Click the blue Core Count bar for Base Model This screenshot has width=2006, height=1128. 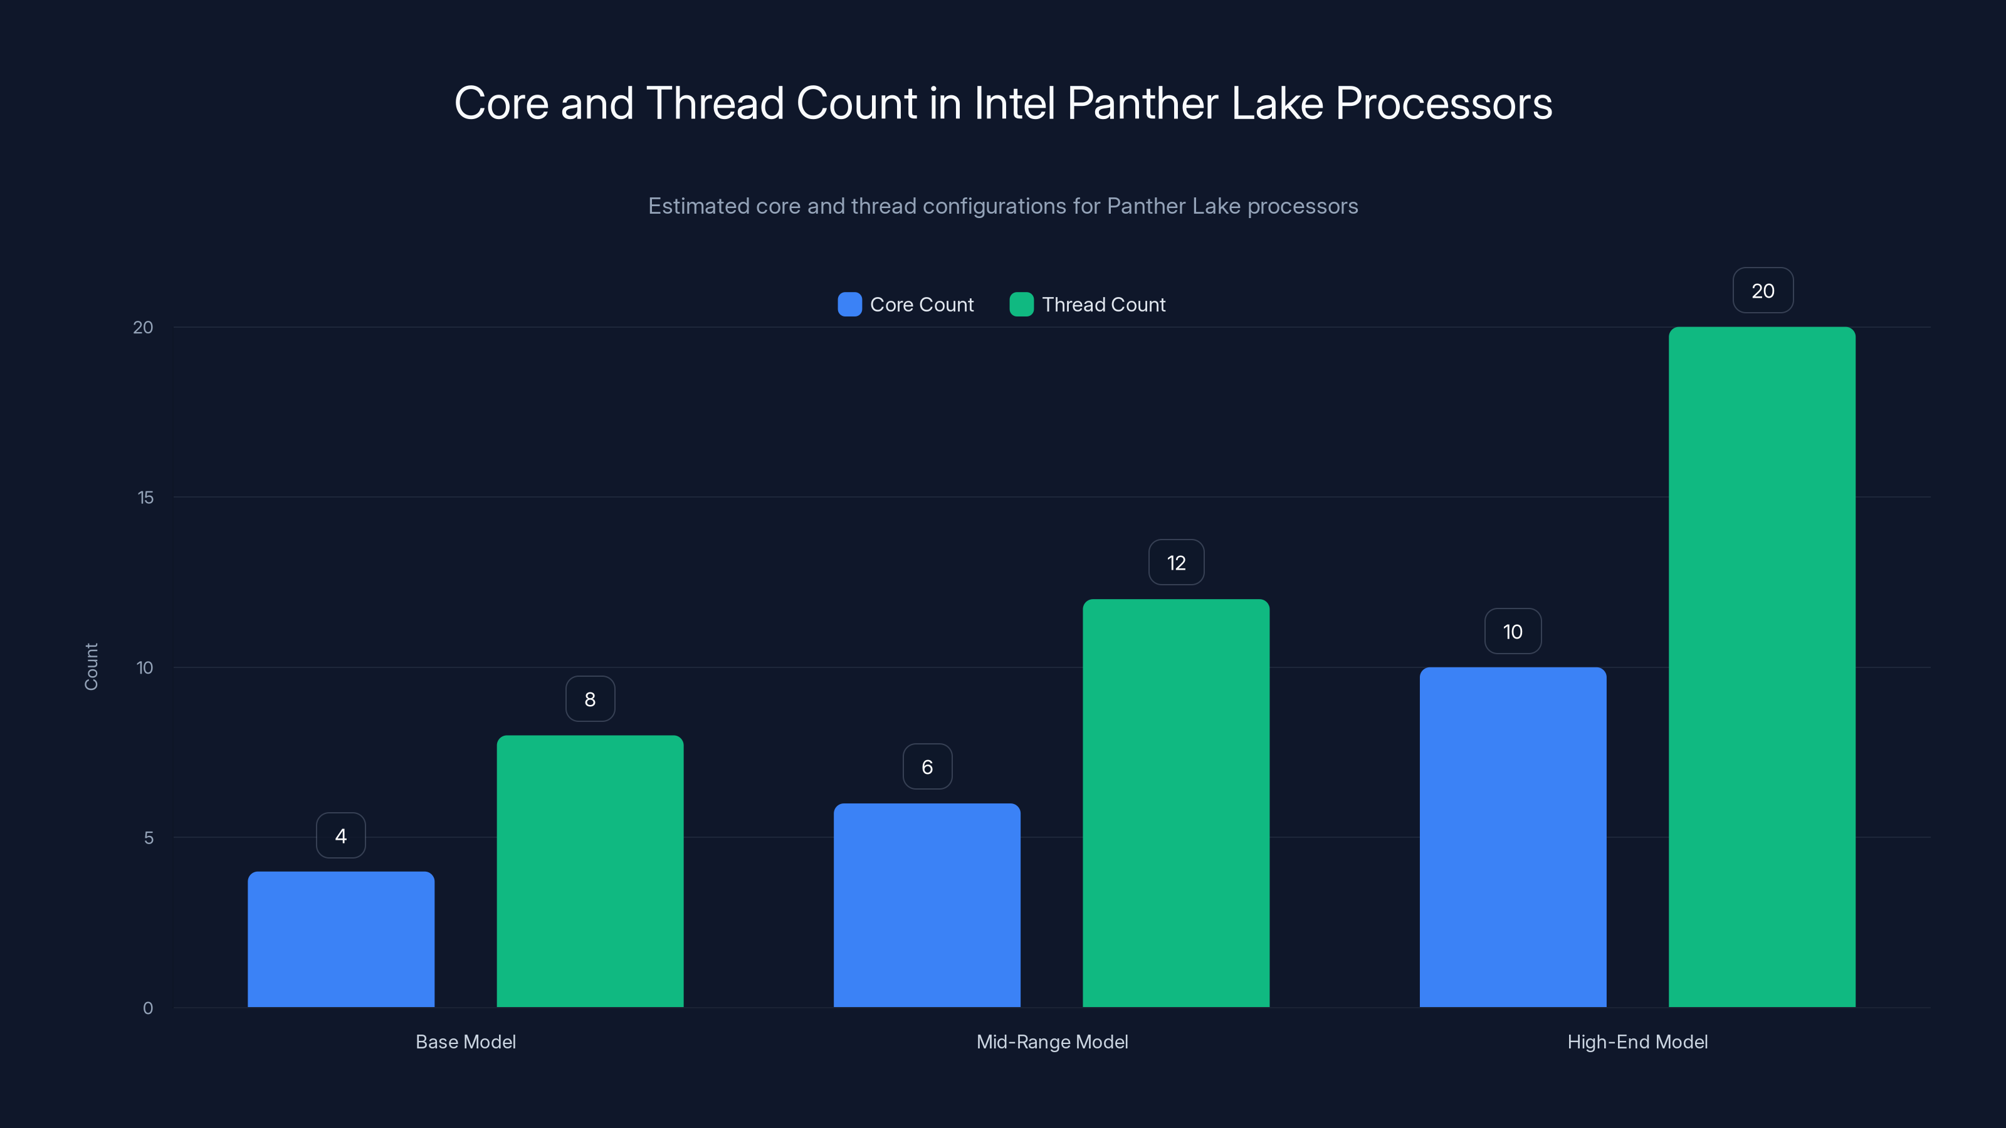pyautogui.click(x=341, y=939)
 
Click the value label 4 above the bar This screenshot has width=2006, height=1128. pyautogui.click(x=341, y=835)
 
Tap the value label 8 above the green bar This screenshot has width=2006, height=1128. pyautogui.click(x=591, y=699)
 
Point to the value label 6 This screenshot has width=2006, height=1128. pyautogui.click(x=927, y=767)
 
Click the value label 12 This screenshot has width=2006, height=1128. pyautogui.click(x=1176, y=562)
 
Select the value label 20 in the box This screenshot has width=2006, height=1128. pyautogui.click(x=1762, y=290)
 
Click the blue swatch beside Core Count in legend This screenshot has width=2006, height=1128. pyautogui.click(x=849, y=305)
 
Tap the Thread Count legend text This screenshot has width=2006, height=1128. pyautogui.click(x=1103, y=305)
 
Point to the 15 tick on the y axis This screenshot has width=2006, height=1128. pyautogui.click(x=145, y=498)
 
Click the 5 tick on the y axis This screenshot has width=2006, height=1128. pyautogui.click(x=149, y=838)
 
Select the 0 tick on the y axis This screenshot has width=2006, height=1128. pyautogui.click(x=148, y=1008)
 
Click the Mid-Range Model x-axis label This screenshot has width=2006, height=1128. pyautogui.click(x=1052, y=1042)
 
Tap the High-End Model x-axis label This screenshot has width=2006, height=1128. pyautogui.click(x=1637, y=1042)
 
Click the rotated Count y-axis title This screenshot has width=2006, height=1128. pyautogui.click(x=91, y=666)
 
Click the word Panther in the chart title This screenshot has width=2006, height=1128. pyautogui.click(x=1142, y=103)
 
